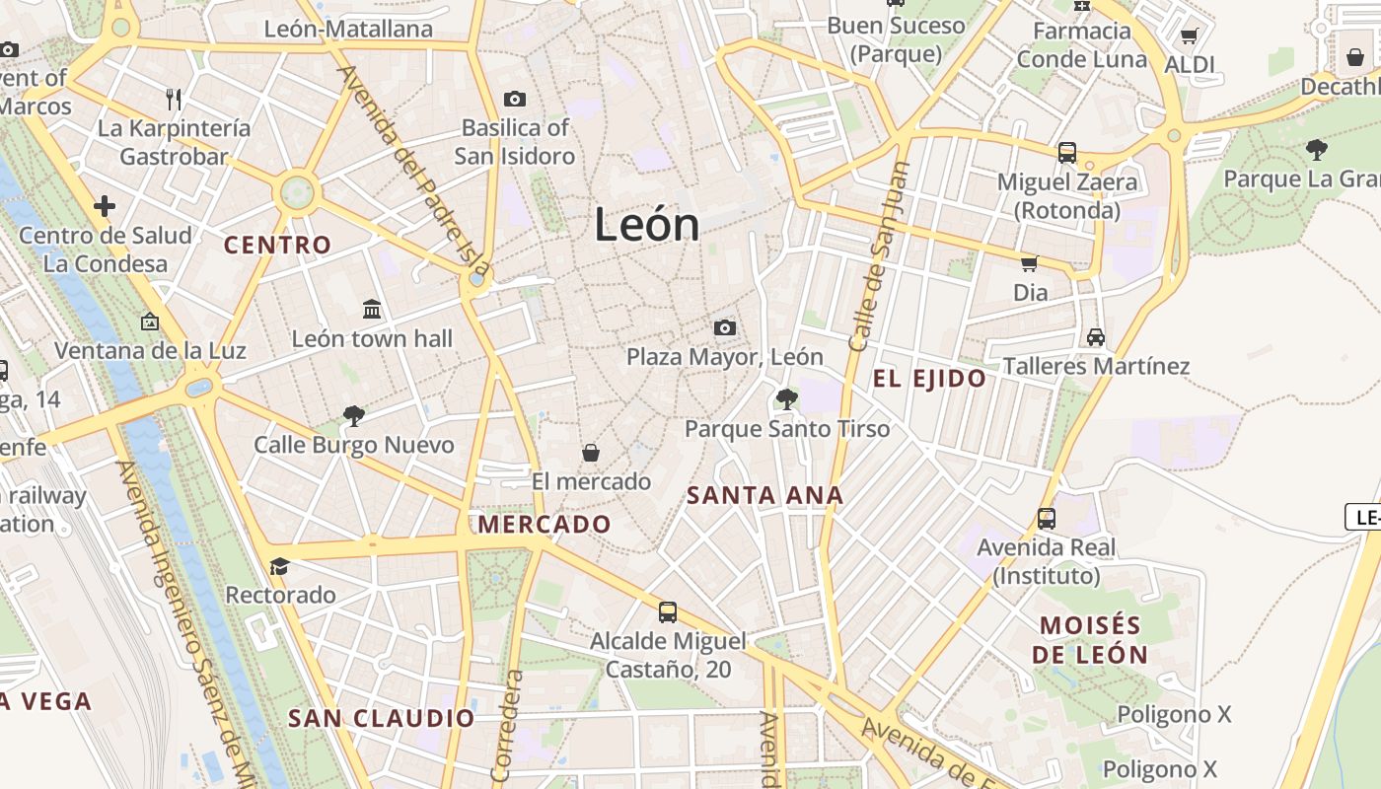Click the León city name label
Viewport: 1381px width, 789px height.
[x=647, y=226]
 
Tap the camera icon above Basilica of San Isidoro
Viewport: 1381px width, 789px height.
[x=514, y=99]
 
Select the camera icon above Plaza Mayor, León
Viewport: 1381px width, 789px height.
[x=725, y=327]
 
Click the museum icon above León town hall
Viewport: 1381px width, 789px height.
[x=372, y=310]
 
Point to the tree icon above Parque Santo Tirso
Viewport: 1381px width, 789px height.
[x=786, y=398]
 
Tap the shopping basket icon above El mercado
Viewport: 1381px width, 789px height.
[x=590, y=453]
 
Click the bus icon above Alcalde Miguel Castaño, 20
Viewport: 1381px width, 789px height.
[x=668, y=612]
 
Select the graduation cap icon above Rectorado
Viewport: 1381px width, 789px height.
[x=280, y=566]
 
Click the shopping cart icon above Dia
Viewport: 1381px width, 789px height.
[x=1030, y=263]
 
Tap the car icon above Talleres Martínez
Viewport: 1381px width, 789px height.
[x=1095, y=337]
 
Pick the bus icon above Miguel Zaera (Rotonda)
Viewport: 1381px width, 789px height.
[x=1067, y=153]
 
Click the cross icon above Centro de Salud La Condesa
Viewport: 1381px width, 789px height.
[x=105, y=206]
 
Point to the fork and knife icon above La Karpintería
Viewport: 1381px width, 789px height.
[x=175, y=99]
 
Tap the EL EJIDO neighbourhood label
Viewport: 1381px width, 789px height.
[x=929, y=379]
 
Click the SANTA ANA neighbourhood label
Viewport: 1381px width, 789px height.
[x=764, y=495]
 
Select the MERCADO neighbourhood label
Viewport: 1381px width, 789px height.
[x=545, y=524]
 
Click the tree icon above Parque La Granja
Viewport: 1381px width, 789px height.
[x=1316, y=150]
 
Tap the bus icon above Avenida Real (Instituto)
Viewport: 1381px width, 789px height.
[x=1047, y=518]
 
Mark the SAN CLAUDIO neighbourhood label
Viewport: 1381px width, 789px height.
[x=382, y=718]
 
